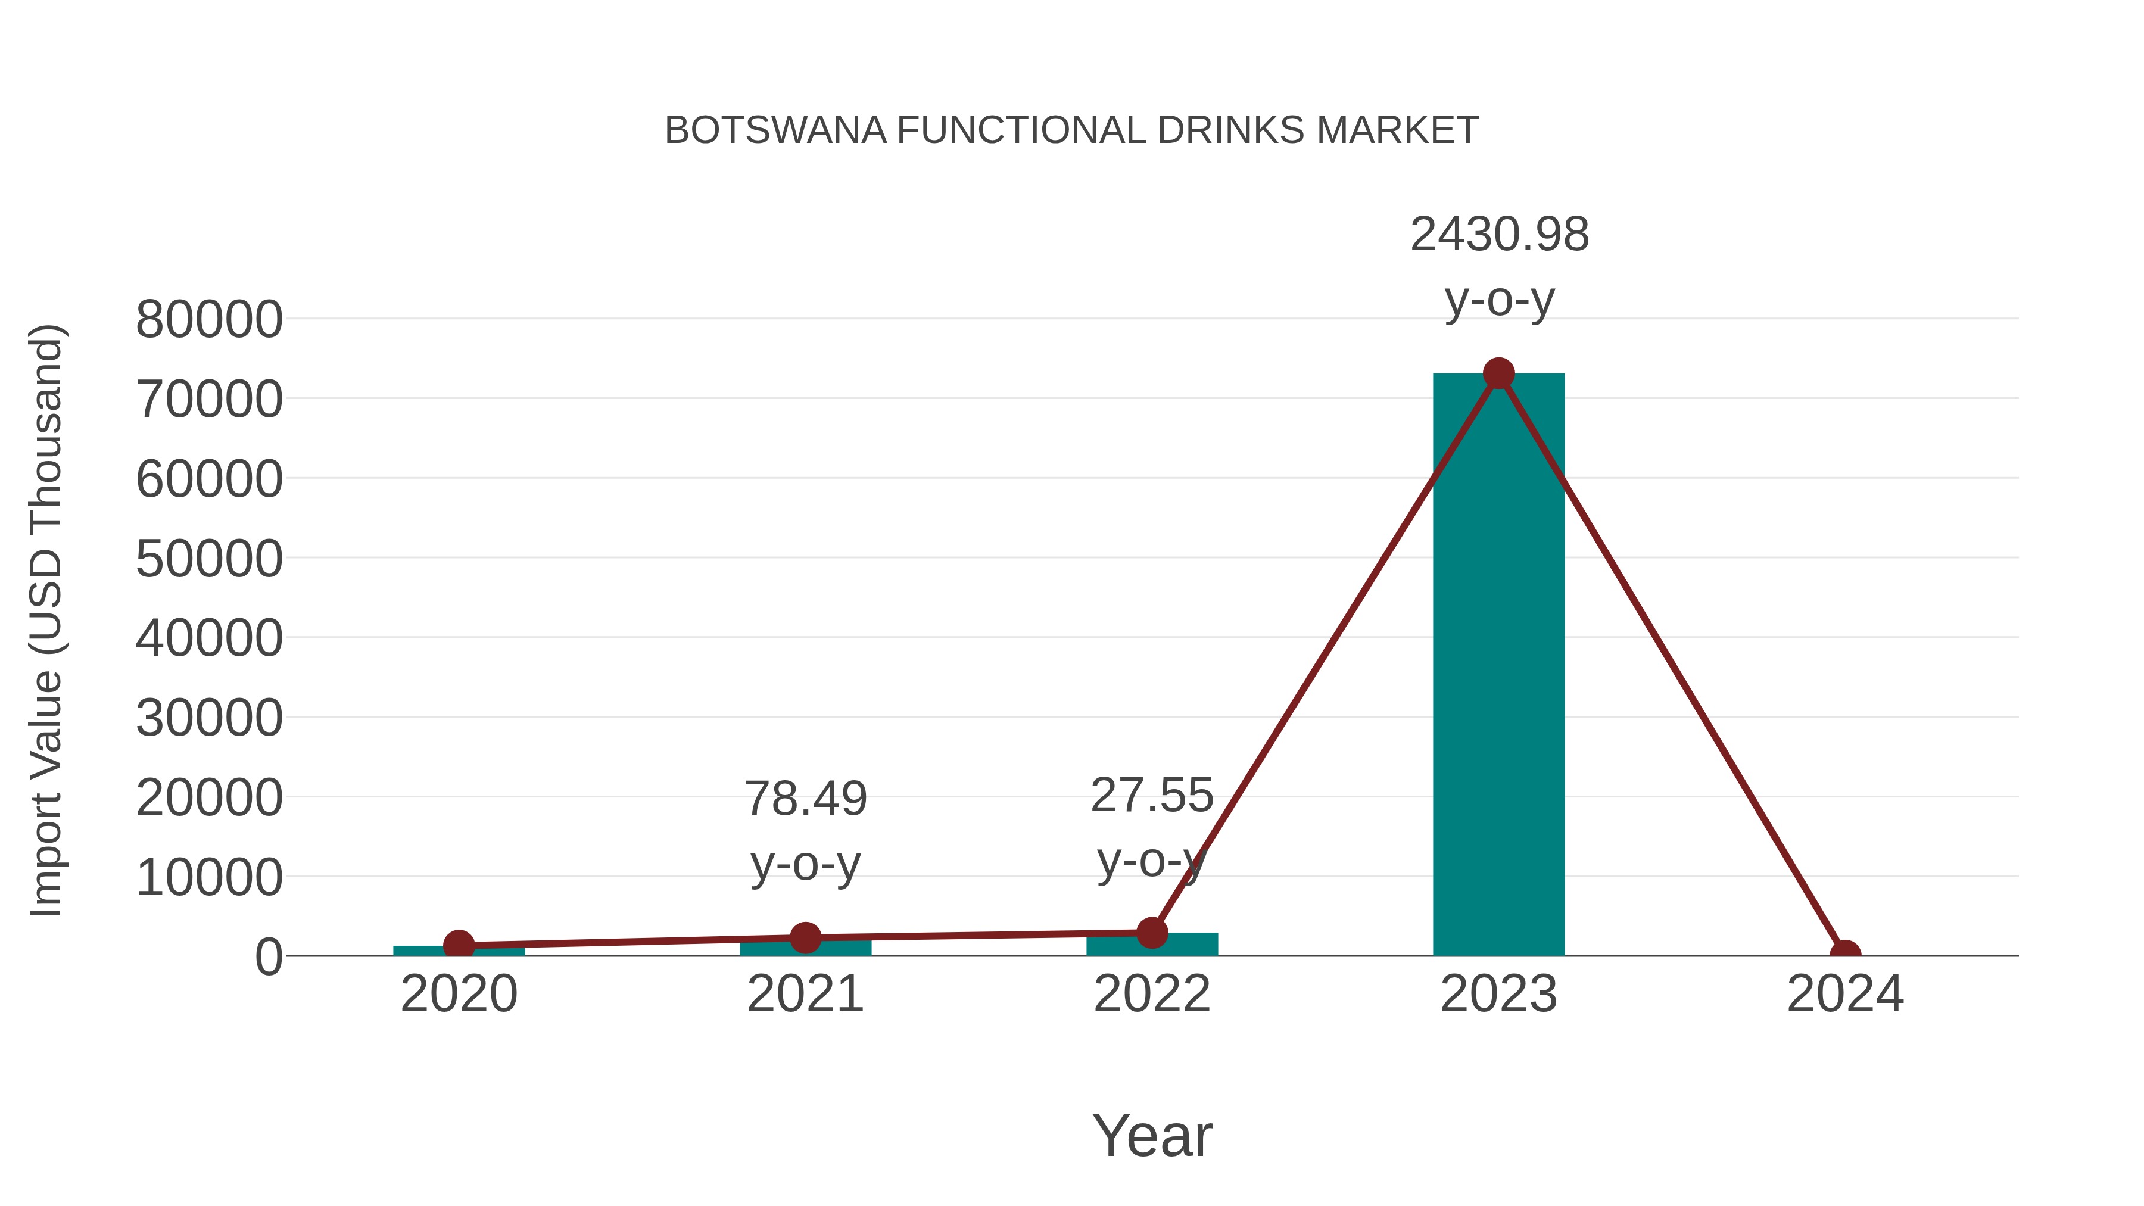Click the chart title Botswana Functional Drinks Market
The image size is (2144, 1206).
(1071, 130)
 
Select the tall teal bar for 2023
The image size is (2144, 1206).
(1498, 666)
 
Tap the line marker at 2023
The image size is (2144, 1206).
(1498, 373)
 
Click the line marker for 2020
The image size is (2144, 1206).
(459, 945)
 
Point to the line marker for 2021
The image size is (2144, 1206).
(805, 937)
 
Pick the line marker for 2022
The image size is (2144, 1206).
(1152, 933)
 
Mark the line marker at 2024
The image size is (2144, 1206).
(1845, 954)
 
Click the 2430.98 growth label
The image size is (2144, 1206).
(1499, 235)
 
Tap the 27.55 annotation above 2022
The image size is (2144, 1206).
(1152, 796)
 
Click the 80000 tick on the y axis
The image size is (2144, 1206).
(209, 320)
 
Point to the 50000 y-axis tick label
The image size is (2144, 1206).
(209, 559)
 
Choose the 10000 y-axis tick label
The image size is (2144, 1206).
(209, 877)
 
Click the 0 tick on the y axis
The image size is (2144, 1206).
(269, 957)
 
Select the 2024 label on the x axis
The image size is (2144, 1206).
(1845, 995)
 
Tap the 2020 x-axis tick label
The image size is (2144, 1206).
(459, 995)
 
